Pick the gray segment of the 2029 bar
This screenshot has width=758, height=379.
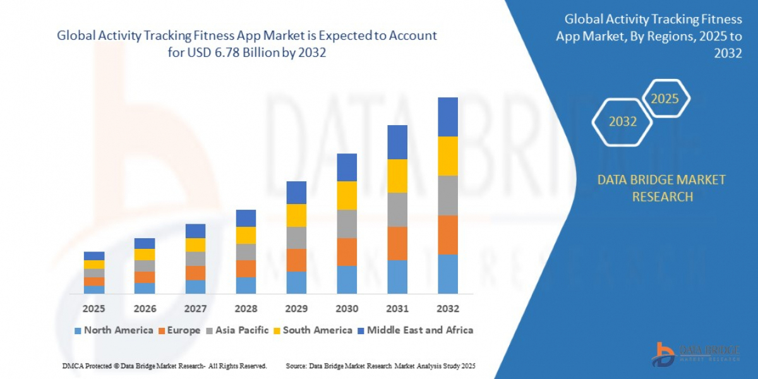[296, 238]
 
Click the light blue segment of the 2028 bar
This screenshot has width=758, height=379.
[246, 285]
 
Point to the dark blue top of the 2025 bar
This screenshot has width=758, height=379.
[94, 256]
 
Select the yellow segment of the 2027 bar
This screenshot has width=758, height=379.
[195, 244]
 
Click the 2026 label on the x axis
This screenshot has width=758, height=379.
[145, 309]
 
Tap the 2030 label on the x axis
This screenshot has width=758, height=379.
[346, 309]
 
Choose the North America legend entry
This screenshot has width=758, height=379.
[114, 330]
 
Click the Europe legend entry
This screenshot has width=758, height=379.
[179, 330]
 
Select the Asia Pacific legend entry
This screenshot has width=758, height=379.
[237, 330]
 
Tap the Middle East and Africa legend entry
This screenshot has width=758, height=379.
[414, 330]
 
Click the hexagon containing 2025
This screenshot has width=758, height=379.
[665, 99]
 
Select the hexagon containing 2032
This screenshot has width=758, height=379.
[622, 121]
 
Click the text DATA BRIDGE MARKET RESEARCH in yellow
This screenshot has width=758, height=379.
[661, 188]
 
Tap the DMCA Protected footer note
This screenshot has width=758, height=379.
[164, 366]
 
